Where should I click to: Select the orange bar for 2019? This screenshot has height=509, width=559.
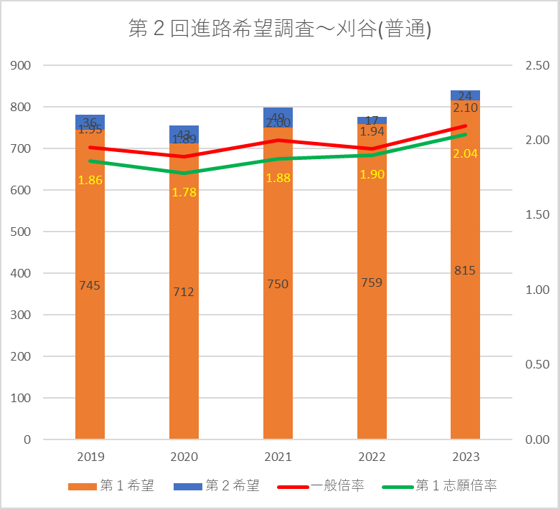pos(90,323)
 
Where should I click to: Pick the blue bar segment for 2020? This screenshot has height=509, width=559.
pos(184,134)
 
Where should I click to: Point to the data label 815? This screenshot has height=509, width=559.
pos(465,270)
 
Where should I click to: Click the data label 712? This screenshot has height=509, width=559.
pos(184,292)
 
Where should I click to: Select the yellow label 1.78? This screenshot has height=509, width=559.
pos(184,192)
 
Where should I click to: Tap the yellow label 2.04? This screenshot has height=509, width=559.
pos(465,153)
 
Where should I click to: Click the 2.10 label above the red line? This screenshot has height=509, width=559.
pos(465,108)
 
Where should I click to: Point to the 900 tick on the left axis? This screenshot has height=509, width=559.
pos(22,65)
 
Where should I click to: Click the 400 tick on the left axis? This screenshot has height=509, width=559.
pos(22,273)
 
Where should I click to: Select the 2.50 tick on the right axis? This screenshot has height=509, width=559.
pos(537,65)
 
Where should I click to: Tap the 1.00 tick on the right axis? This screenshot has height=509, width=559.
pos(537,290)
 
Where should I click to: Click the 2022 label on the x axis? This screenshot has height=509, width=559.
pos(372,457)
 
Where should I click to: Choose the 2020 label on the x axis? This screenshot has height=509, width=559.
pos(184,457)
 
